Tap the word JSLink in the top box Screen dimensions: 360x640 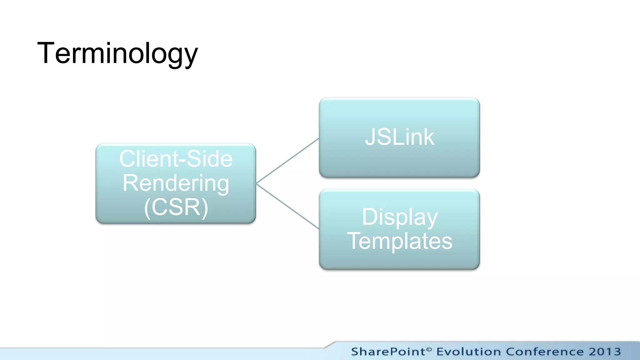(399, 137)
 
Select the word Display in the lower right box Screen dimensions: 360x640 (399, 217)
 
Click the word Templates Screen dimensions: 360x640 (399, 241)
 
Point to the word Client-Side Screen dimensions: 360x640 (176, 159)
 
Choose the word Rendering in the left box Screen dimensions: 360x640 (176, 183)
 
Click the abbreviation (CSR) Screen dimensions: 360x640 (176, 207)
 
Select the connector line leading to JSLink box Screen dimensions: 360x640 (287, 161)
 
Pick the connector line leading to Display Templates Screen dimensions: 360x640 (287, 207)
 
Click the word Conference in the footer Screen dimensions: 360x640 (545, 352)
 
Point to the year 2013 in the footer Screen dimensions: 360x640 (605, 352)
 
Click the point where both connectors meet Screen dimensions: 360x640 (257, 183)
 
